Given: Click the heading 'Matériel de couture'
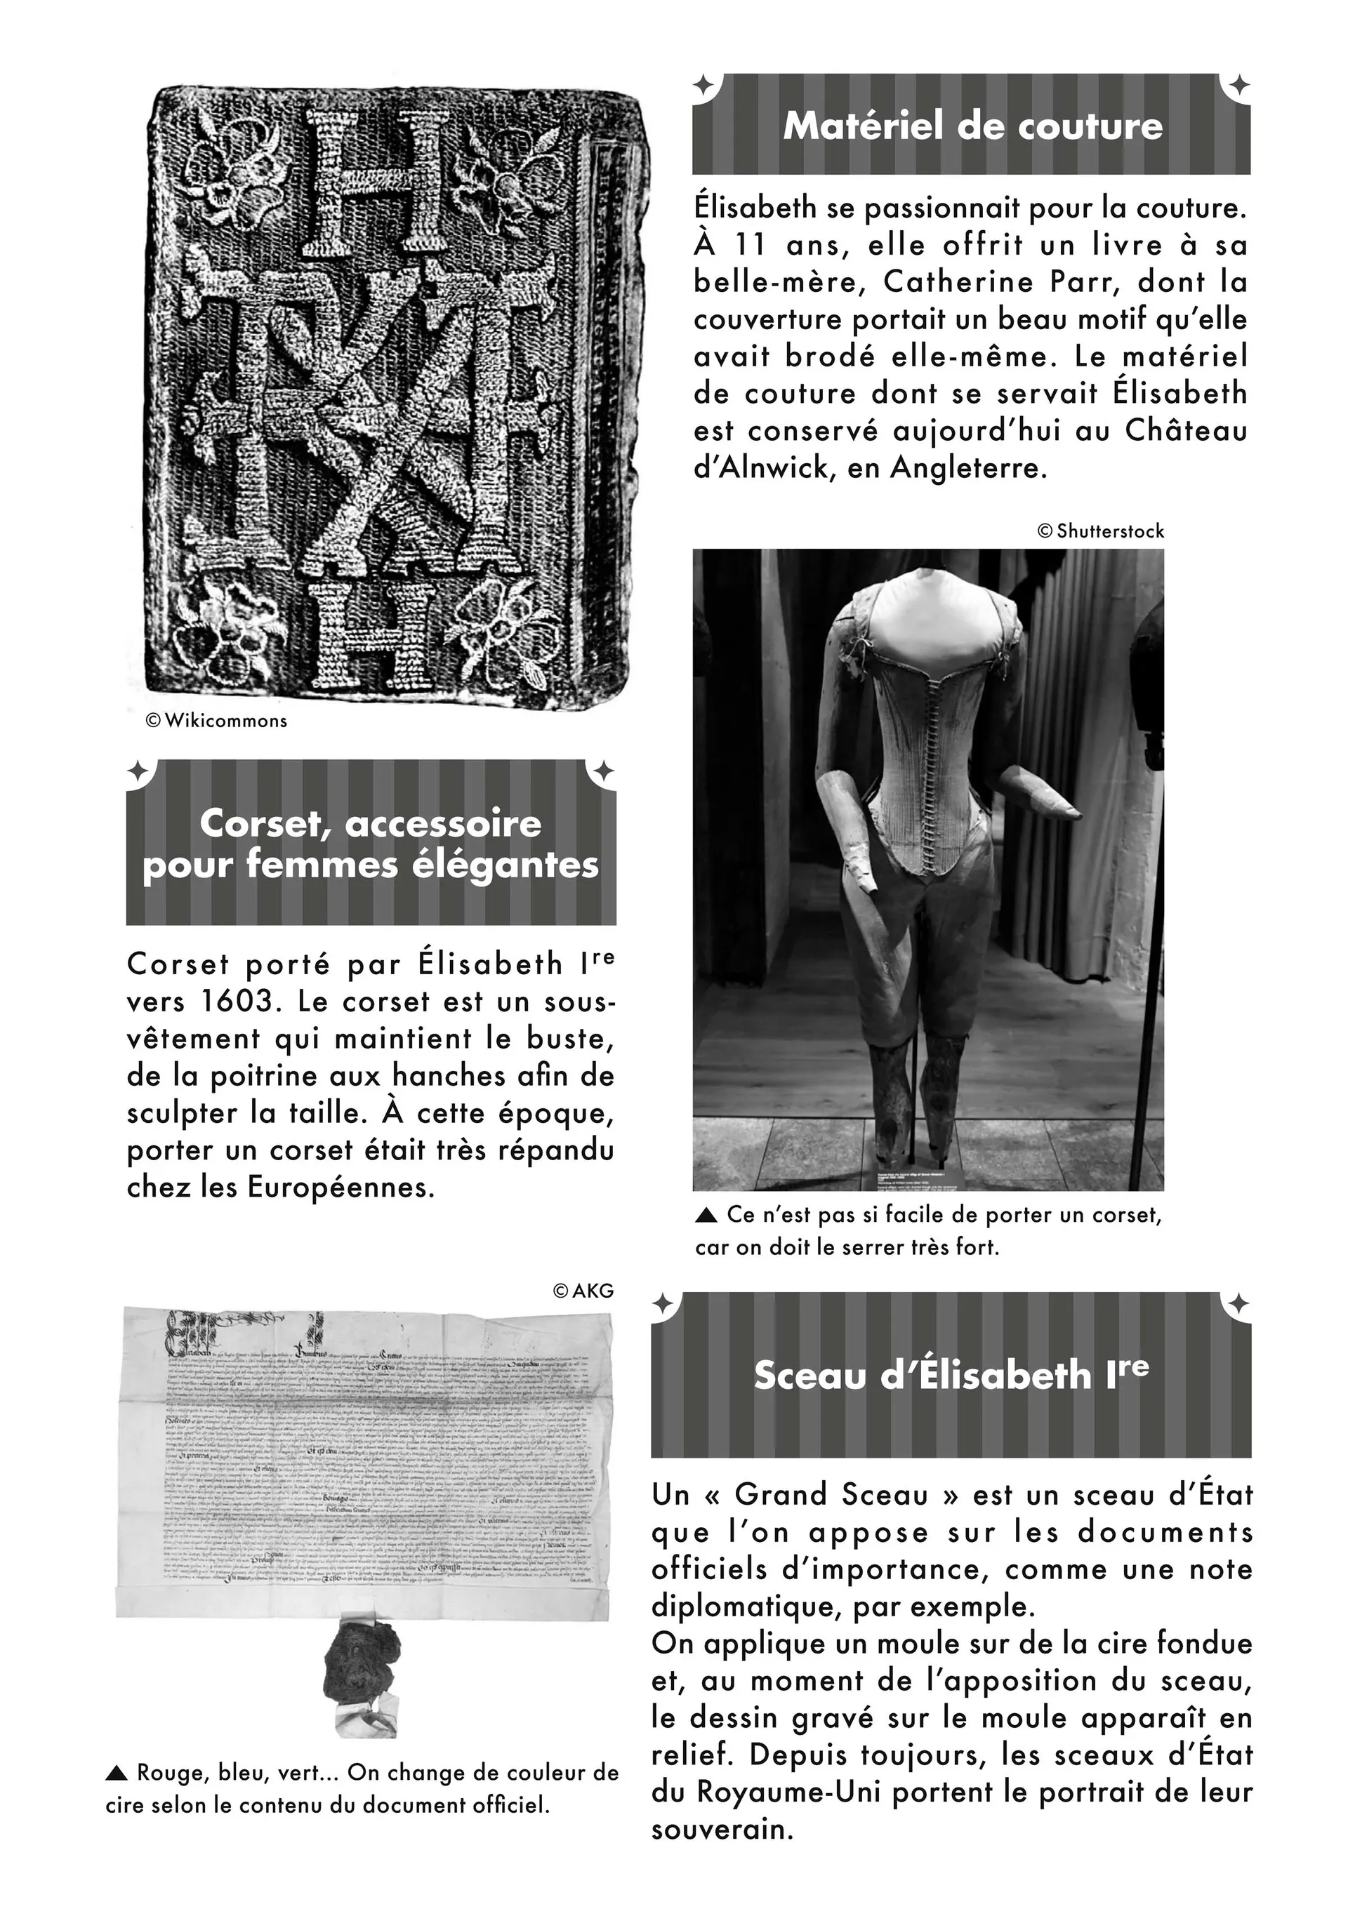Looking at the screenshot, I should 972,126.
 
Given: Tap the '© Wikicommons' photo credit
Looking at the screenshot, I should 216,720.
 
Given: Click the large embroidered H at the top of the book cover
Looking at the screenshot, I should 371,184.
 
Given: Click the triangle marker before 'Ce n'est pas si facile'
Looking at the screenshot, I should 706,1216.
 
